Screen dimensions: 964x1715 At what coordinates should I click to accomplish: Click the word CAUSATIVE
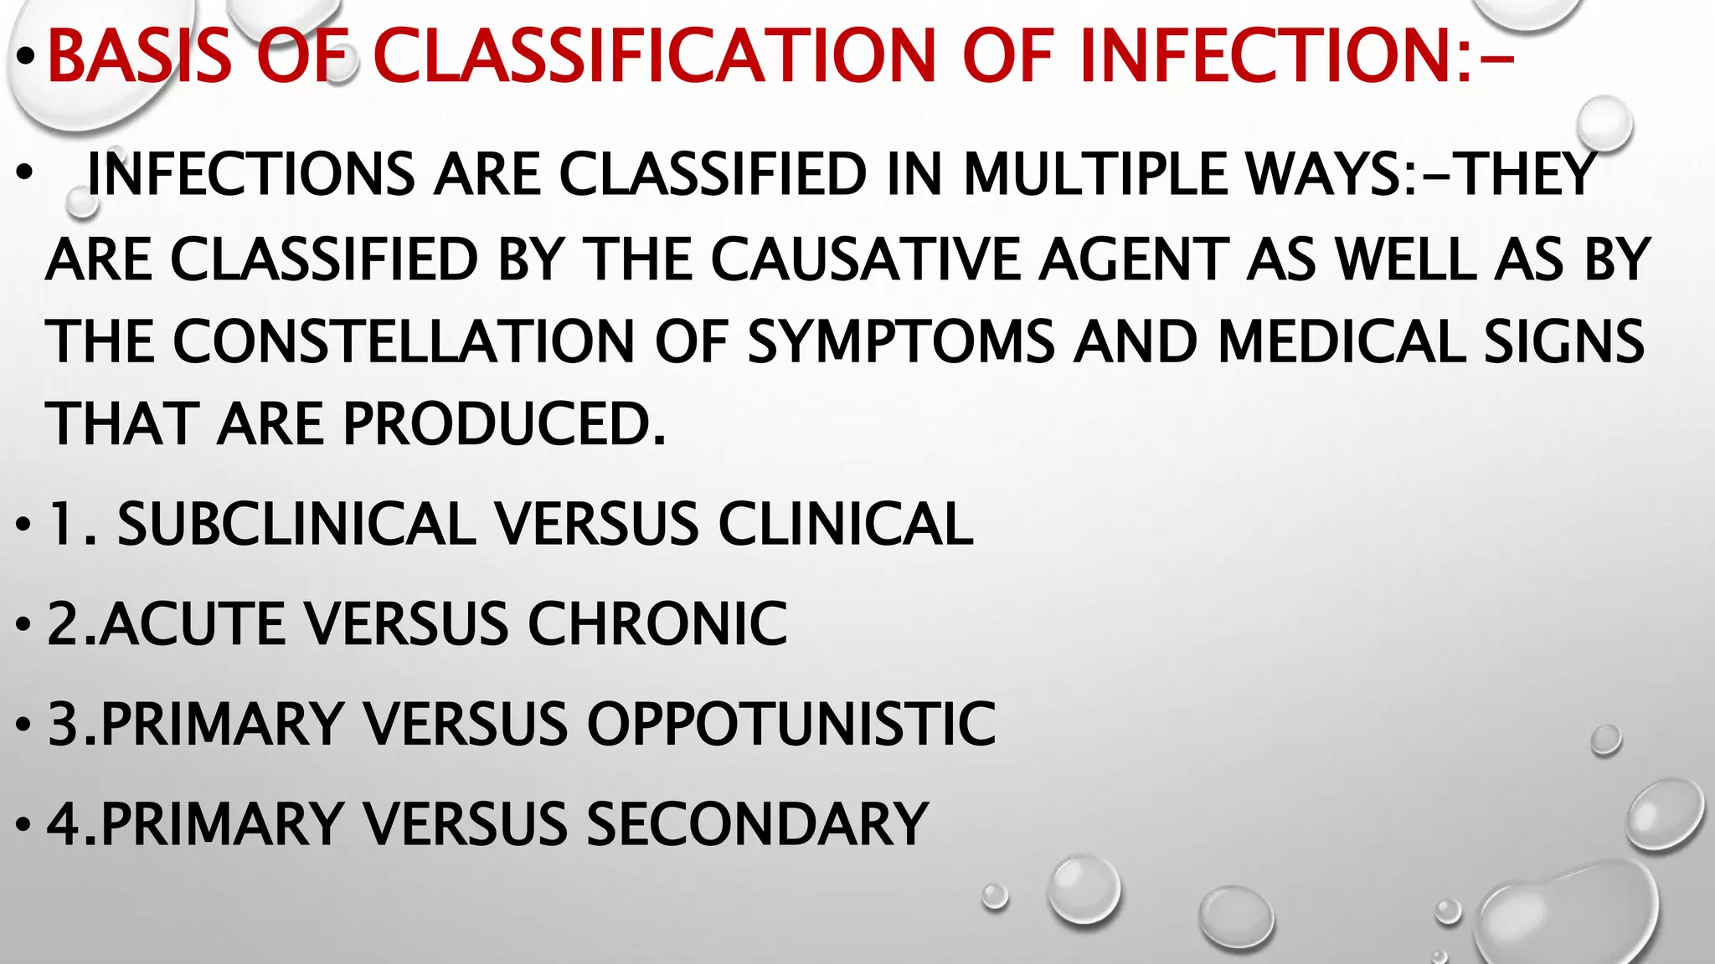pos(866,259)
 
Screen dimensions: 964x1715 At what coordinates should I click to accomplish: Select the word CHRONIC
pos(657,624)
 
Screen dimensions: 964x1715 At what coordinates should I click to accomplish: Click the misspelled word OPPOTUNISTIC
pos(791,724)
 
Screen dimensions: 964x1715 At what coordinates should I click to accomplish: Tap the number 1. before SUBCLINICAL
pos(70,525)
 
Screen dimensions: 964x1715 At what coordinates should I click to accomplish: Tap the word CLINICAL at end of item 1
pos(846,525)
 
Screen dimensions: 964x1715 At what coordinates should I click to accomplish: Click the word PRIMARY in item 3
pos(221,724)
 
